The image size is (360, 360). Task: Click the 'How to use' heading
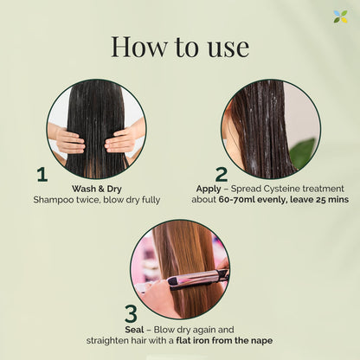[x=179, y=46]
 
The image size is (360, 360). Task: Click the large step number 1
[x=42, y=174]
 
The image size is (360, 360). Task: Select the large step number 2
[x=222, y=174]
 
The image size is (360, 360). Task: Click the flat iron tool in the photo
[x=198, y=278]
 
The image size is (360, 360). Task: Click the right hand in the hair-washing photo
[x=122, y=137]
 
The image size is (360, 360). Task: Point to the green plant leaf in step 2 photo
[x=305, y=154]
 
